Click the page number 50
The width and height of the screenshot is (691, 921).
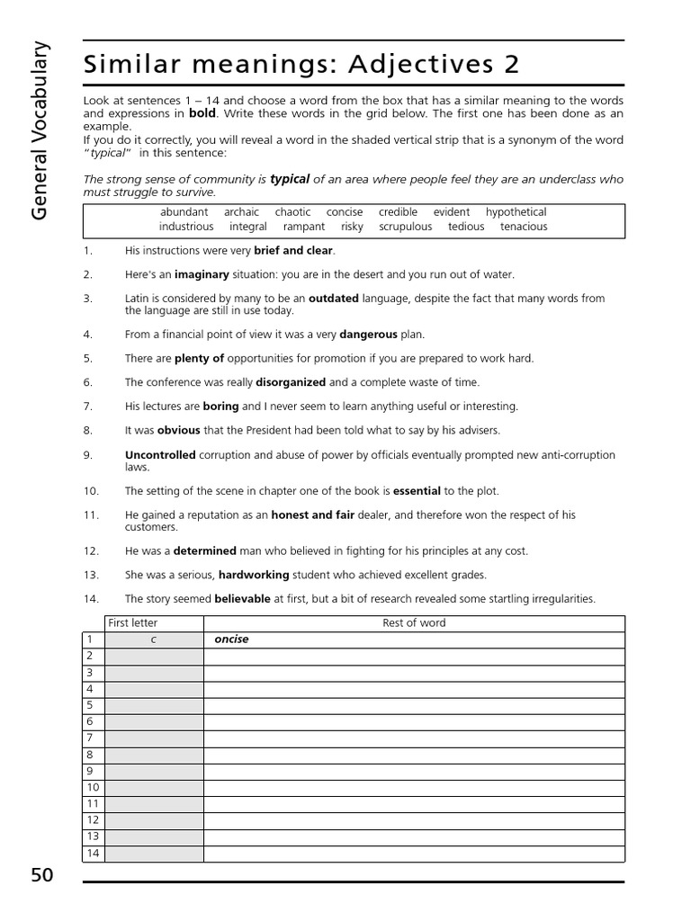(x=42, y=875)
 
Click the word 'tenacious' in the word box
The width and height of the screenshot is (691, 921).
(x=524, y=227)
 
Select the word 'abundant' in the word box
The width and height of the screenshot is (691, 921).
(x=184, y=212)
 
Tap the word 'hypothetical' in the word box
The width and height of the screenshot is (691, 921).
(x=516, y=212)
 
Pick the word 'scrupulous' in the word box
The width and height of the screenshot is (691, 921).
(x=405, y=227)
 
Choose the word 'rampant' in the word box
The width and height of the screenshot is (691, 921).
(x=303, y=227)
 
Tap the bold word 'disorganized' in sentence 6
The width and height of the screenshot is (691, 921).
(x=291, y=382)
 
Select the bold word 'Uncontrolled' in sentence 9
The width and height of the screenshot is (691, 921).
(x=160, y=455)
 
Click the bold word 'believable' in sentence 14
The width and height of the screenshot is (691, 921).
(x=242, y=599)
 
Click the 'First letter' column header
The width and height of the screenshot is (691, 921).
(x=132, y=622)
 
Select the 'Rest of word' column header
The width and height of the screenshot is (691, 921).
(x=414, y=622)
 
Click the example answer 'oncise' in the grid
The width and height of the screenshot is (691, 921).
(x=231, y=639)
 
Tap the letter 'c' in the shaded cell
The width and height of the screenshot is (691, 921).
(x=154, y=639)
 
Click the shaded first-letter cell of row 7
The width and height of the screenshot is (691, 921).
(x=154, y=738)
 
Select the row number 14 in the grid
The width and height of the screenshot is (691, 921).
(x=93, y=854)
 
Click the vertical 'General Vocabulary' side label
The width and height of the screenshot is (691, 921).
(x=41, y=131)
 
